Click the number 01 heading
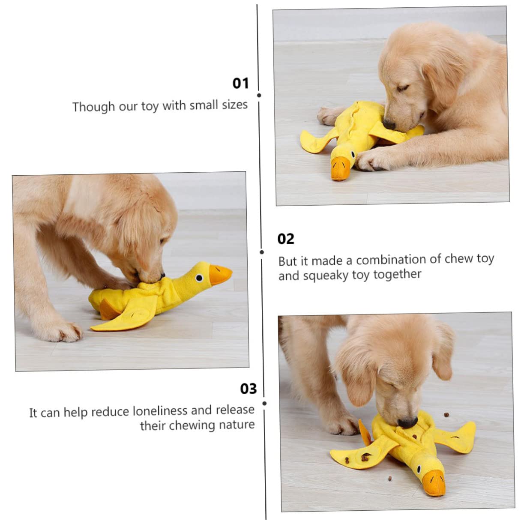pyautogui.click(x=240, y=83)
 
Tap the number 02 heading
pyautogui.click(x=285, y=239)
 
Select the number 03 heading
pyautogui.click(x=248, y=389)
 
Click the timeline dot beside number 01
pyautogui.click(x=259, y=96)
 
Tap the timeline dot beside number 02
pyautogui.click(x=262, y=252)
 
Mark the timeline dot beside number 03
pyautogui.click(x=265, y=404)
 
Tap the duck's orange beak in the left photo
pyautogui.click(x=220, y=274)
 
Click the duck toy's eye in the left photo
pyautogui.click(x=199, y=278)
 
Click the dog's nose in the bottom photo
pyautogui.click(x=407, y=422)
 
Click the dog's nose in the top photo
pyautogui.click(x=389, y=125)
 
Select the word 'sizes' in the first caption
pyautogui.click(x=235, y=105)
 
